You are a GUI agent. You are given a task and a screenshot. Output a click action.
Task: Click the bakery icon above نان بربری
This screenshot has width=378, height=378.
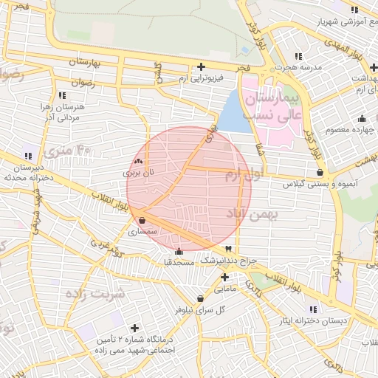coord(139,161)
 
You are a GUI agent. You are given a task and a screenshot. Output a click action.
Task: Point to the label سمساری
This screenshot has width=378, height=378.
coord(142,231)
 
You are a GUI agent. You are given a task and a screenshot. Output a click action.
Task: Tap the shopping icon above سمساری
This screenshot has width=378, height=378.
coord(142,220)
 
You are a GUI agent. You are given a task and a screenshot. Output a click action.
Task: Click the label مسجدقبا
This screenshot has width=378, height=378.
coord(179,262)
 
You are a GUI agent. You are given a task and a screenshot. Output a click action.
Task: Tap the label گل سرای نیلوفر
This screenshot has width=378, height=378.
coord(199,309)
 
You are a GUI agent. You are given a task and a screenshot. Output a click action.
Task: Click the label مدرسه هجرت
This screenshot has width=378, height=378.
coord(300,67)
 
